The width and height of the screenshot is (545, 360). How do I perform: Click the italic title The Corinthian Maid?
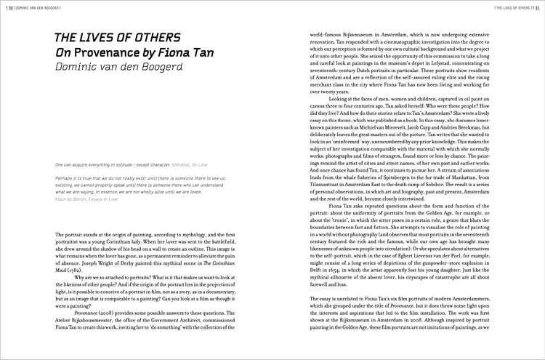click(204, 268)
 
